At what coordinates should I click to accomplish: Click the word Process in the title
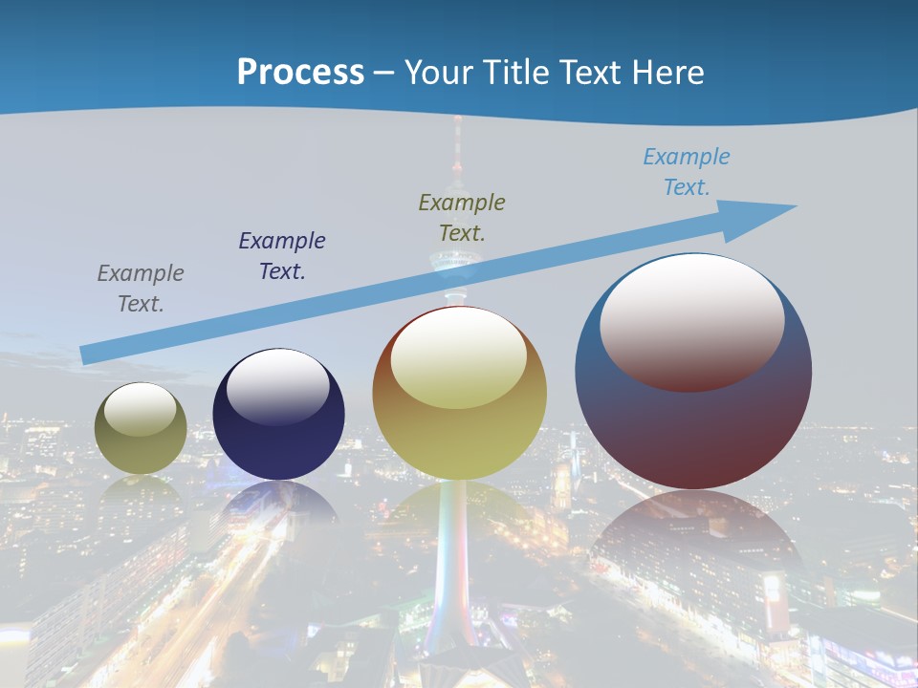(x=300, y=73)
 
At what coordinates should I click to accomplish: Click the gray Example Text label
(x=141, y=289)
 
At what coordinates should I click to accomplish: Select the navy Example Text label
(x=282, y=256)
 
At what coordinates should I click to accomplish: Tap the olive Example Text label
(x=462, y=218)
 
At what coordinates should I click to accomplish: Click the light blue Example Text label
(x=687, y=172)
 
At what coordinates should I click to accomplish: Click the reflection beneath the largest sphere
(x=693, y=535)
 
